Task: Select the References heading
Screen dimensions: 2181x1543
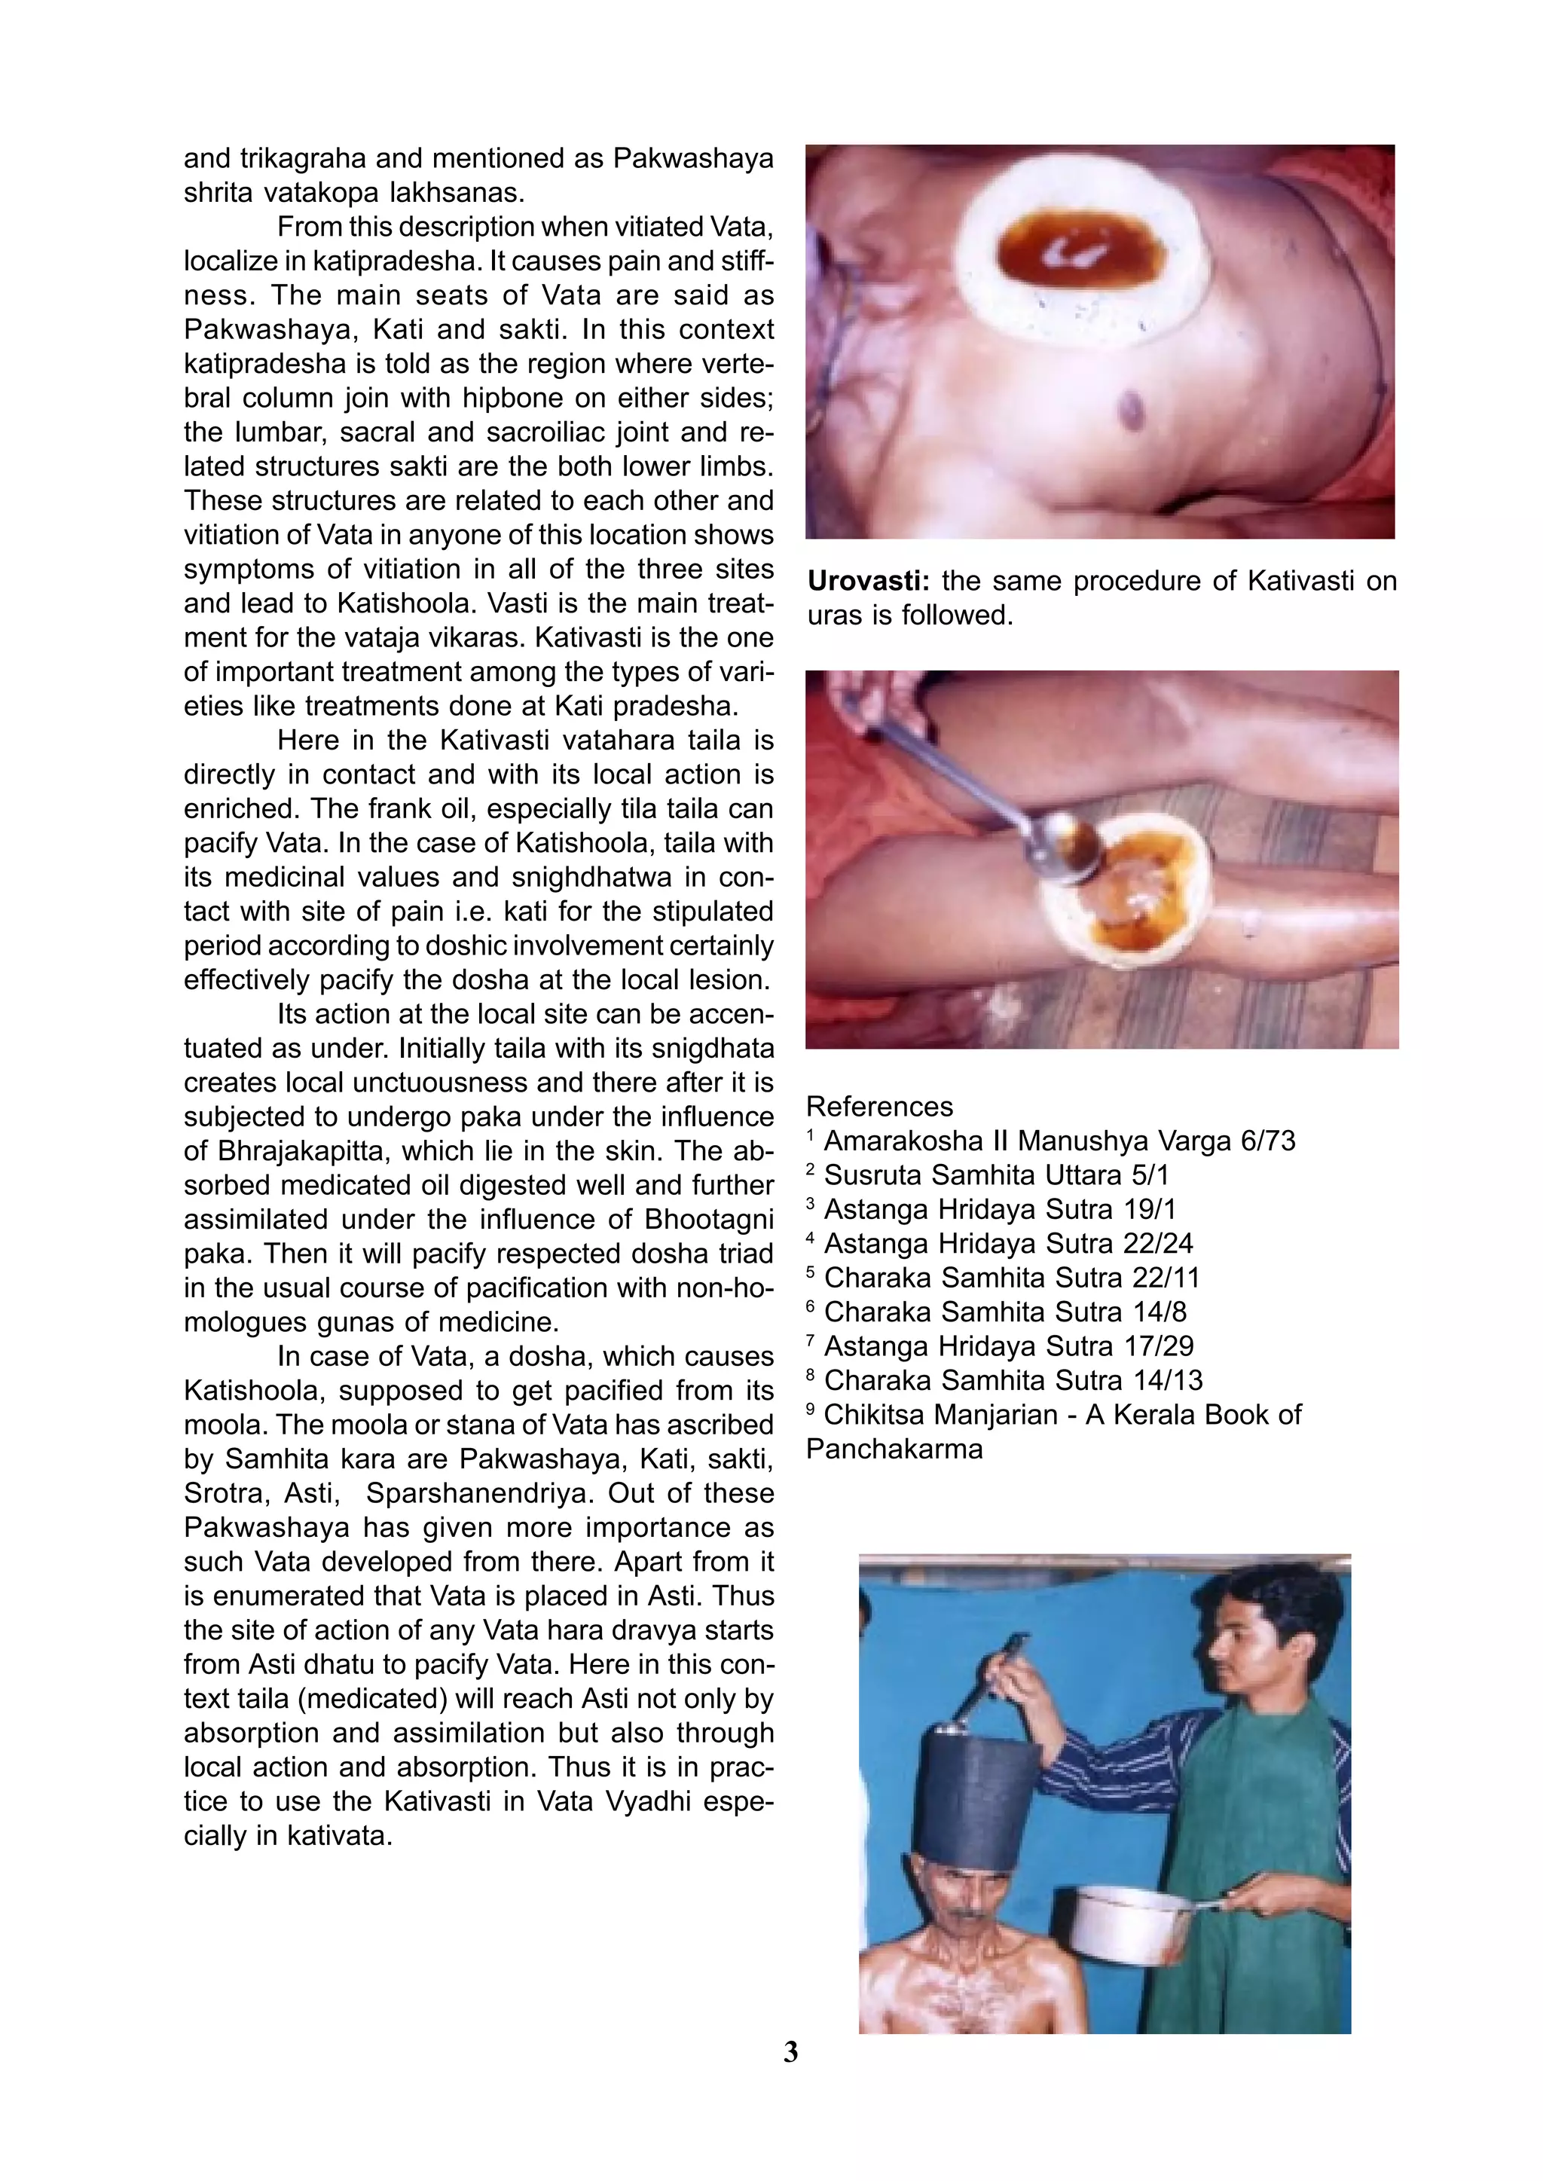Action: pos(879,1107)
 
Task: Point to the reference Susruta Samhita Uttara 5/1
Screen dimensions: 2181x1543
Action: pos(996,1175)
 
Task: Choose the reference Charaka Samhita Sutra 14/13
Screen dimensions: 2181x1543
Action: pos(1013,1380)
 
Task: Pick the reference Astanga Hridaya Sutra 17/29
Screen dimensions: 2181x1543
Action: pos(1008,1346)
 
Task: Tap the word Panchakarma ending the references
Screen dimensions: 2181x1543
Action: pos(894,1449)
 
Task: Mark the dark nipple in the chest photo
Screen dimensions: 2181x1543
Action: pos(1133,405)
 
